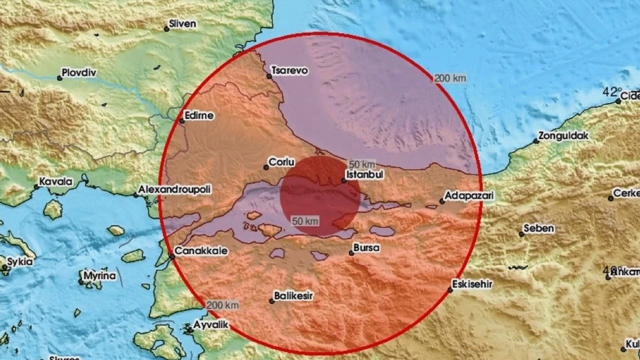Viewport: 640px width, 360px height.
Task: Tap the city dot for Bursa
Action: pyautogui.click(x=351, y=253)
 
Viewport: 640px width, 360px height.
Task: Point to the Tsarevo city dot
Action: pyautogui.click(x=269, y=76)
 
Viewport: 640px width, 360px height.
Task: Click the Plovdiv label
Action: pyautogui.click(x=79, y=73)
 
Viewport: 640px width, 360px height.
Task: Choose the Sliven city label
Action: pyautogui.click(x=182, y=24)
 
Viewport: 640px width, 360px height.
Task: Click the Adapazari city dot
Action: pyautogui.click(x=442, y=201)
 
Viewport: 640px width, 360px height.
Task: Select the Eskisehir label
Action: pyautogui.click(x=472, y=284)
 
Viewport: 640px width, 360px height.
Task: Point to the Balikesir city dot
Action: pyautogui.click(x=272, y=301)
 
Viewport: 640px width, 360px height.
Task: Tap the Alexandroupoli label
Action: pyautogui.click(x=174, y=189)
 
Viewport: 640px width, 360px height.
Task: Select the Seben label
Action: pyautogui.click(x=539, y=228)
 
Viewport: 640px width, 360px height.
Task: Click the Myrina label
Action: pyautogui.click(x=99, y=276)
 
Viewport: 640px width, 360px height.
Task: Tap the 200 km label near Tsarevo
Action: pyautogui.click(x=449, y=78)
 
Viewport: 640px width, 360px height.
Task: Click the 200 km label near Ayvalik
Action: pyautogui.click(x=222, y=305)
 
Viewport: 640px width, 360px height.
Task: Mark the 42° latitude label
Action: pyautogui.click(x=610, y=92)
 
